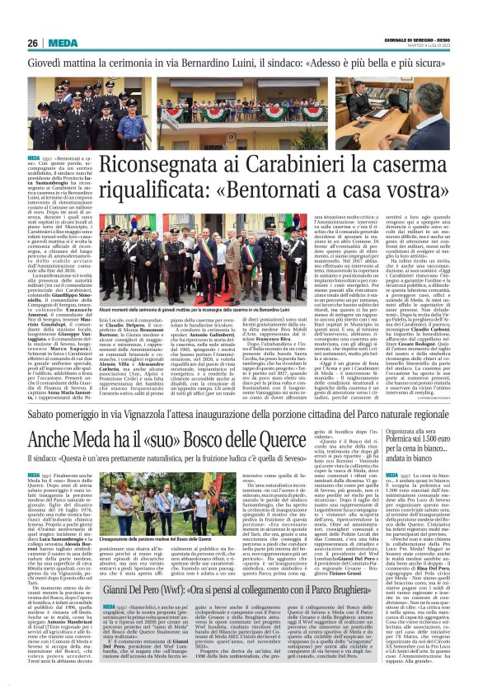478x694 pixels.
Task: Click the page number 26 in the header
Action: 33,42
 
